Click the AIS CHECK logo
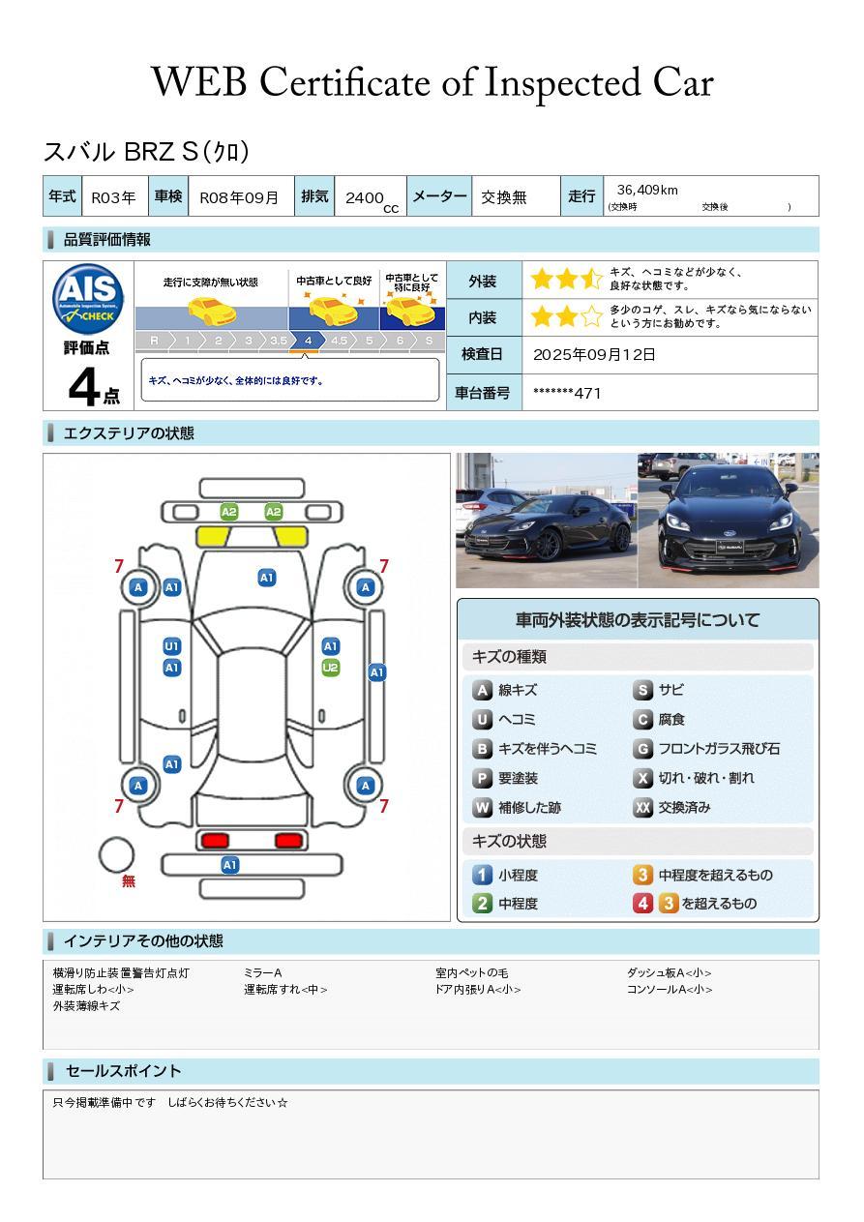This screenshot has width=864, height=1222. coord(88,298)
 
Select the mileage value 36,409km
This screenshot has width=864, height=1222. coord(647,191)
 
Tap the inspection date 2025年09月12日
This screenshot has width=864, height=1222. coord(594,354)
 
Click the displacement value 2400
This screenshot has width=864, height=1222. coord(365,197)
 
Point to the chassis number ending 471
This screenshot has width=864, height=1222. coord(567,393)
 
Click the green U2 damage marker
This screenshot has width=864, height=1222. coord(331,668)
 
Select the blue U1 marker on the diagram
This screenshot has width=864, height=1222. coord(172,646)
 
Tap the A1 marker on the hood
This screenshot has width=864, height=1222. coord(266,578)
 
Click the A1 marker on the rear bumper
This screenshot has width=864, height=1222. coord(229,865)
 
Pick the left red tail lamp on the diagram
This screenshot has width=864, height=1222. coord(215,840)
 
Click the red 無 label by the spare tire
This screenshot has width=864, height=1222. coord(129,881)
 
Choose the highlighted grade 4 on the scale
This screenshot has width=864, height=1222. coord(308,341)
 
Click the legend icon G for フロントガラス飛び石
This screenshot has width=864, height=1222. coord(642,749)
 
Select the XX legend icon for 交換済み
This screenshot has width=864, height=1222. coord(642,807)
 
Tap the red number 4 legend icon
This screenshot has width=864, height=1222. coord(642,904)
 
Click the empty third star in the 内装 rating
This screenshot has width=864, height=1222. coord(591,316)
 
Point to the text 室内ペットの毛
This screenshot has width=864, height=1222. coord(472,972)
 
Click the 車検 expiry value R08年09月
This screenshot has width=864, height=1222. coord(239,197)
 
